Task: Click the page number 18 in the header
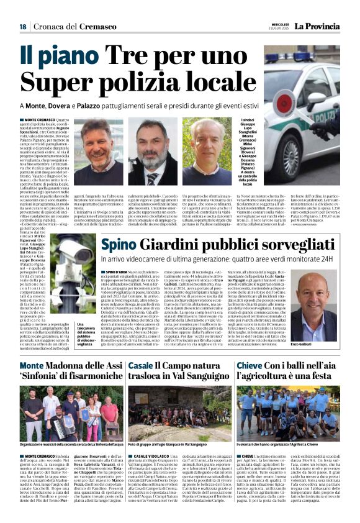[22, 27]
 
